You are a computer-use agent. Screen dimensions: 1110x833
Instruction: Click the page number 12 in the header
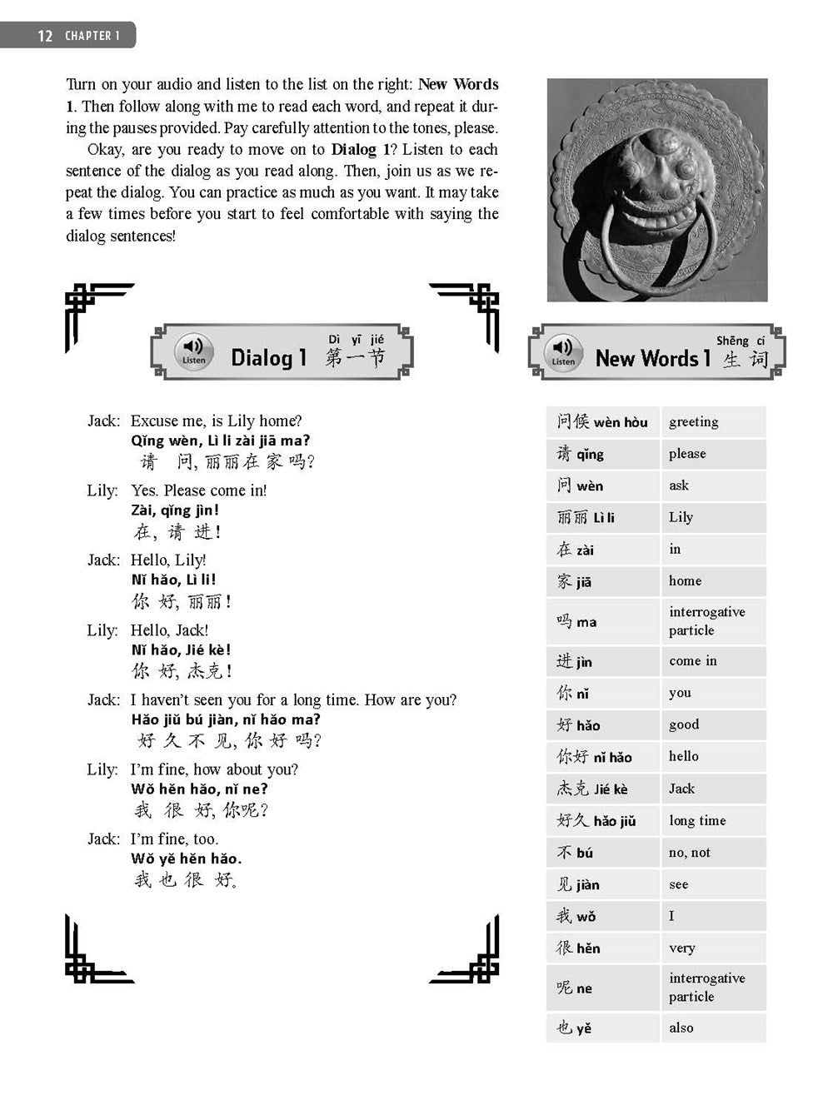(x=45, y=36)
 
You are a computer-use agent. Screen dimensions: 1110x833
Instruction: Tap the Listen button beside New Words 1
(x=563, y=351)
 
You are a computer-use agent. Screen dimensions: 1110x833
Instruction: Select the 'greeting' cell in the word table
(x=712, y=422)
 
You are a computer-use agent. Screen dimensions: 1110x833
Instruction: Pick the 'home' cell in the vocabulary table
(x=712, y=581)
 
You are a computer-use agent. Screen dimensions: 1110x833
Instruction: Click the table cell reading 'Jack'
(x=712, y=789)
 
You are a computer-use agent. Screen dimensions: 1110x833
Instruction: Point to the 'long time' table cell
(x=712, y=821)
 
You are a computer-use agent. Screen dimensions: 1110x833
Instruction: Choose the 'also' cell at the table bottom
(x=712, y=1028)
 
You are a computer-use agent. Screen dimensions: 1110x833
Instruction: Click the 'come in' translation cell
(x=712, y=661)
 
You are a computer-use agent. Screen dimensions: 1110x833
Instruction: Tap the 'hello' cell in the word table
(x=712, y=757)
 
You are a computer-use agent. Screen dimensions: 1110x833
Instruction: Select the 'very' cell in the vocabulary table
(x=712, y=948)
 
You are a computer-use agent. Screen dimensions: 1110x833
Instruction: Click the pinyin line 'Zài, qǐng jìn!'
(x=175, y=510)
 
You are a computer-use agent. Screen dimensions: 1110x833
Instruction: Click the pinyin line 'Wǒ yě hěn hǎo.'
(x=186, y=859)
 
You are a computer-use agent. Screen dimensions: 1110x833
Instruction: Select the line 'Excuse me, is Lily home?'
(x=216, y=421)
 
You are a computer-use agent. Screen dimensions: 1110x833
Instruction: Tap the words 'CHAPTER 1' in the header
(x=92, y=36)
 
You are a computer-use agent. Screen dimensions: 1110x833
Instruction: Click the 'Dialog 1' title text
(x=268, y=358)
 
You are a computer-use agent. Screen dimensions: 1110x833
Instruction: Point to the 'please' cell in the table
(x=712, y=454)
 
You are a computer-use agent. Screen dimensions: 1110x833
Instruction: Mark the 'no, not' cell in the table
(x=712, y=853)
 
